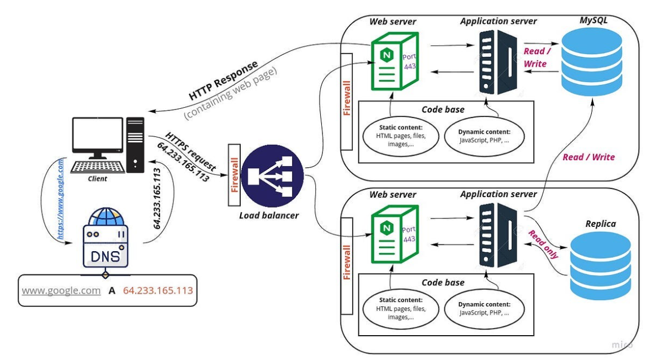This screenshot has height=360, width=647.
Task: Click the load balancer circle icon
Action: click(x=272, y=176)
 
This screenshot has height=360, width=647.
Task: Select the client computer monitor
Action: click(x=98, y=138)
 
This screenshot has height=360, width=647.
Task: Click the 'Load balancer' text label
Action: click(x=269, y=215)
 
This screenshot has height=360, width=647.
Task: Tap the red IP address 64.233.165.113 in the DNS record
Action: click(x=158, y=290)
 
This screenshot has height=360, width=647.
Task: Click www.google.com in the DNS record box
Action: click(x=61, y=290)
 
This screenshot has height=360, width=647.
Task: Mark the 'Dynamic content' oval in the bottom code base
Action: click(x=484, y=308)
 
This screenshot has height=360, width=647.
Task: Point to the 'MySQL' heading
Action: click(x=593, y=20)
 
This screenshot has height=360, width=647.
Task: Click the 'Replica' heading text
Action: click(x=601, y=224)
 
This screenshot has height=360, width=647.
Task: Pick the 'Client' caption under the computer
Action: click(x=97, y=179)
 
